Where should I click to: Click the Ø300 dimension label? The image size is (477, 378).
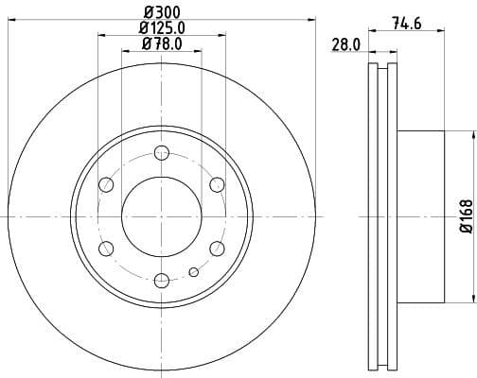coord(160,12)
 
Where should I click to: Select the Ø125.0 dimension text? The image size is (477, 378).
coord(162,28)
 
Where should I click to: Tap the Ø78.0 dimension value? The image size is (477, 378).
coord(161,43)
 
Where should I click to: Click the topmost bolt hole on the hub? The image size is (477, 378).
coord(161,152)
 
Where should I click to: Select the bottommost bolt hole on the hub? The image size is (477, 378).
coord(161,279)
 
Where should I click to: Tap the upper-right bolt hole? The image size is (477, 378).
coord(216,183)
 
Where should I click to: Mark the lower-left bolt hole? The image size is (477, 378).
coord(106,248)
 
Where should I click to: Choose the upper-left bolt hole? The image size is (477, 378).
coord(106,184)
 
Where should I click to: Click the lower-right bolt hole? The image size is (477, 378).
coord(216,248)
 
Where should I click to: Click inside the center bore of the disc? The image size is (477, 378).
coord(161,215)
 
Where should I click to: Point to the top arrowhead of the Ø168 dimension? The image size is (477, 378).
coord(448,132)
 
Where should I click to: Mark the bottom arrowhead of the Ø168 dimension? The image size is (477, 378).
coord(448,301)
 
